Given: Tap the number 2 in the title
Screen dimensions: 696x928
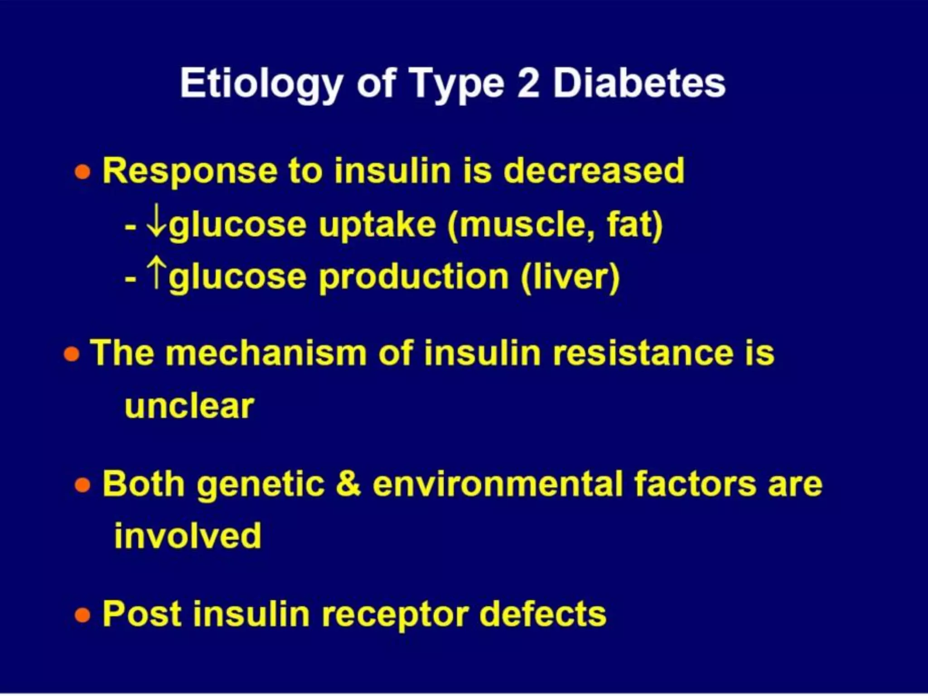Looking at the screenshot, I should coord(528,83).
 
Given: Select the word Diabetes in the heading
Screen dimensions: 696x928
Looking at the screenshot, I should coord(639,83).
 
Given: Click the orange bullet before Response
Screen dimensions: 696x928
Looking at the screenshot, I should coord(82,172).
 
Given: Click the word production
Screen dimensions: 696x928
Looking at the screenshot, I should coord(413,277).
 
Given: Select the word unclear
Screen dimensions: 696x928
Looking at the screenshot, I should coord(189,406).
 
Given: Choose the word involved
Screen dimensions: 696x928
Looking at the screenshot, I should coord(188,536).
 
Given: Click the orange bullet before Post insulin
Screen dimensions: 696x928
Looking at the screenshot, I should coord(82,615).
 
